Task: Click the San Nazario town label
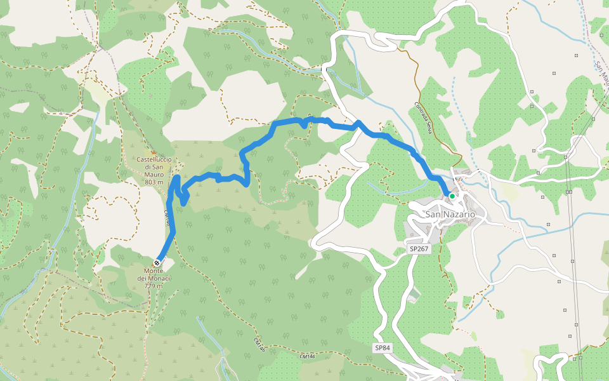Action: coord(450,215)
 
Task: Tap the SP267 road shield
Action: coord(419,249)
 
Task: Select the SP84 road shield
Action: coord(382,347)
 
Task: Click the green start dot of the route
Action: coord(452,197)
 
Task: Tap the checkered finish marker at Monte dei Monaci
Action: coord(157,263)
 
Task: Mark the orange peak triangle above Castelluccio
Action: coord(152,152)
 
